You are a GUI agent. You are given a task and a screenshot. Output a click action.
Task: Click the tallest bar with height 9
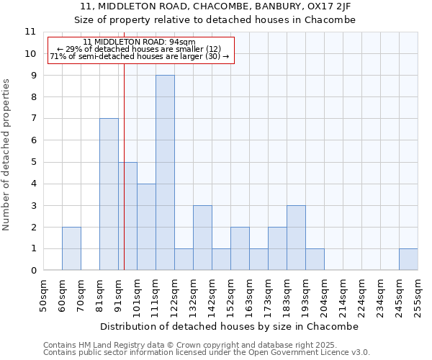[165, 173]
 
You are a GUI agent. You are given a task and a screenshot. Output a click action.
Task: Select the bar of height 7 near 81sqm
[109, 194]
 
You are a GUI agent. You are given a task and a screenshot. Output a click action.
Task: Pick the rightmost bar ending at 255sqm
[408, 259]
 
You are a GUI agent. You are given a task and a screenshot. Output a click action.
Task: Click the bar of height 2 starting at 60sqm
[71, 248]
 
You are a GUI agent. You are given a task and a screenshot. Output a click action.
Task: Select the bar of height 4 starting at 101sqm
[146, 227]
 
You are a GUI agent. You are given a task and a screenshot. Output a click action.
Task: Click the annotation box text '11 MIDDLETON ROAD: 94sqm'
[139, 42]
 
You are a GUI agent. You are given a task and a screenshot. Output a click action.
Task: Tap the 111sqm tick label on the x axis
[156, 294]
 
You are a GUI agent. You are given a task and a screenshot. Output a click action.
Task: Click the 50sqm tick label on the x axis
[43, 294]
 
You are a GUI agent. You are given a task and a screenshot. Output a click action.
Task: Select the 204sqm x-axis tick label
[324, 294]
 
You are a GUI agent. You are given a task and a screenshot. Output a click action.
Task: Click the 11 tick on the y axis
[30, 32]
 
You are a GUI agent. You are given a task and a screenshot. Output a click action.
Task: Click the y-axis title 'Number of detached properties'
[7, 155]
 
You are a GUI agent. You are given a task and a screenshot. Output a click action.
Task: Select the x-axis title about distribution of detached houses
[230, 326]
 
